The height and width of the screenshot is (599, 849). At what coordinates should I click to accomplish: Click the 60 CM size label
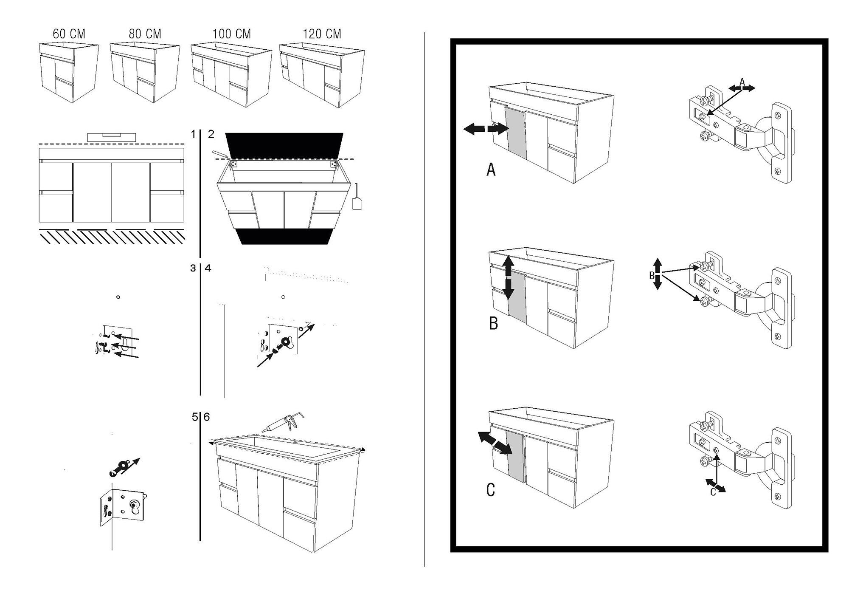pyautogui.click(x=69, y=34)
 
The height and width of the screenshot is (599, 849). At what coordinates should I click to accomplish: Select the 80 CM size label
pyautogui.click(x=145, y=34)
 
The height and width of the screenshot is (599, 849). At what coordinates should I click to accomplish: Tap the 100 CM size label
pyautogui.click(x=231, y=34)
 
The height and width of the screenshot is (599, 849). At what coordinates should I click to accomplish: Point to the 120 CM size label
pyautogui.click(x=322, y=34)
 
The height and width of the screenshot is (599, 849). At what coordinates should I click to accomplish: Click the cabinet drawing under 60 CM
pyautogui.click(x=69, y=72)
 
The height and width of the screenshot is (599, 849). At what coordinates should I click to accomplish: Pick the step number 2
pyautogui.click(x=211, y=135)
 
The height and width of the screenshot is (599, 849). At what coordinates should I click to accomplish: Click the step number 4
pyautogui.click(x=208, y=268)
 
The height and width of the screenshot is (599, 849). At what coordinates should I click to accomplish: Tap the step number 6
pyautogui.click(x=207, y=417)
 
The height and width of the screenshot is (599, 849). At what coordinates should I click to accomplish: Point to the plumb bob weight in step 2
pyautogui.click(x=357, y=202)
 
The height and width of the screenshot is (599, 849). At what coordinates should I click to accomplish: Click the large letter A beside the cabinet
pyautogui.click(x=491, y=170)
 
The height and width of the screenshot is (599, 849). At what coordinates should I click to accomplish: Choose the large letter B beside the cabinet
pyautogui.click(x=493, y=323)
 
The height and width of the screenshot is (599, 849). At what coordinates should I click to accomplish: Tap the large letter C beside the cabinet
pyautogui.click(x=490, y=490)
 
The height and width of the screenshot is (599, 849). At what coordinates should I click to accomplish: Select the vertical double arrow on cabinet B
pyautogui.click(x=508, y=278)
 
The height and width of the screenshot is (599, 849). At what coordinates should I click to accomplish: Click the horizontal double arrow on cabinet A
pyautogui.click(x=485, y=128)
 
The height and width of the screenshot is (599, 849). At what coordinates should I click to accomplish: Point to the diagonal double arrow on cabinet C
pyautogui.click(x=494, y=443)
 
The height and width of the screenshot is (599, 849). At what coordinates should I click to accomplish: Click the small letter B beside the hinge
pyautogui.click(x=652, y=276)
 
